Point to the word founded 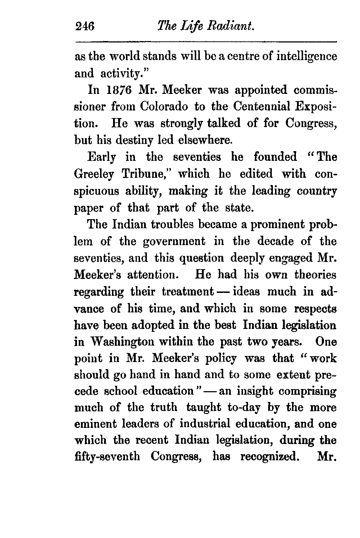(275, 157)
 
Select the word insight (256, 392)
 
